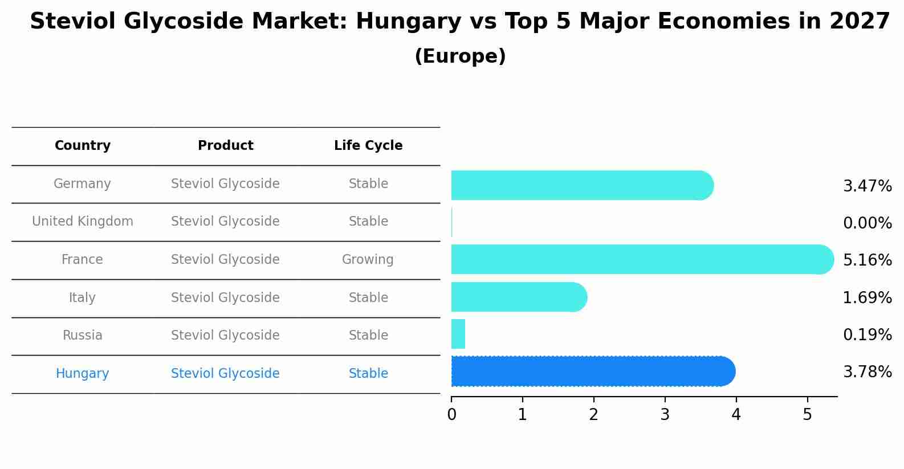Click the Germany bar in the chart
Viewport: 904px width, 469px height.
tap(581, 185)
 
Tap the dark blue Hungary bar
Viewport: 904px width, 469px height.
tap(593, 372)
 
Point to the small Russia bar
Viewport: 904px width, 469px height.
tap(458, 334)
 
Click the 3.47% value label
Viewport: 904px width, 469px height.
tap(867, 186)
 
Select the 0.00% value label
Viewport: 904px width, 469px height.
tap(867, 223)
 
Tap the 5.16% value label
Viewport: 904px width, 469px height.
tap(867, 260)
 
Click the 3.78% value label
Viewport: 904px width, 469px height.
tap(867, 372)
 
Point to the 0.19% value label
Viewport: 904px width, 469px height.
tap(867, 335)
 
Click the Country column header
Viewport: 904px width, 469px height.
tap(83, 146)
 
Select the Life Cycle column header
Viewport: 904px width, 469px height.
tap(368, 146)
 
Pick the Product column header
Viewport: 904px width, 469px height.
tap(225, 146)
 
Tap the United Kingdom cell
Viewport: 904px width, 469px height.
tap(83, 222)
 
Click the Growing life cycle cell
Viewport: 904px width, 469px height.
tap(368, 260)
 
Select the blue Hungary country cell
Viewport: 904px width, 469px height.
tap(83, 374)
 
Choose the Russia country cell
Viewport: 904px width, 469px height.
tap(83, 336)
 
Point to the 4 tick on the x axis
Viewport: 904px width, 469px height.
tap(736, 415)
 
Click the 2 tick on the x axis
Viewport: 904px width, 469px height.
tap(593, 415)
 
